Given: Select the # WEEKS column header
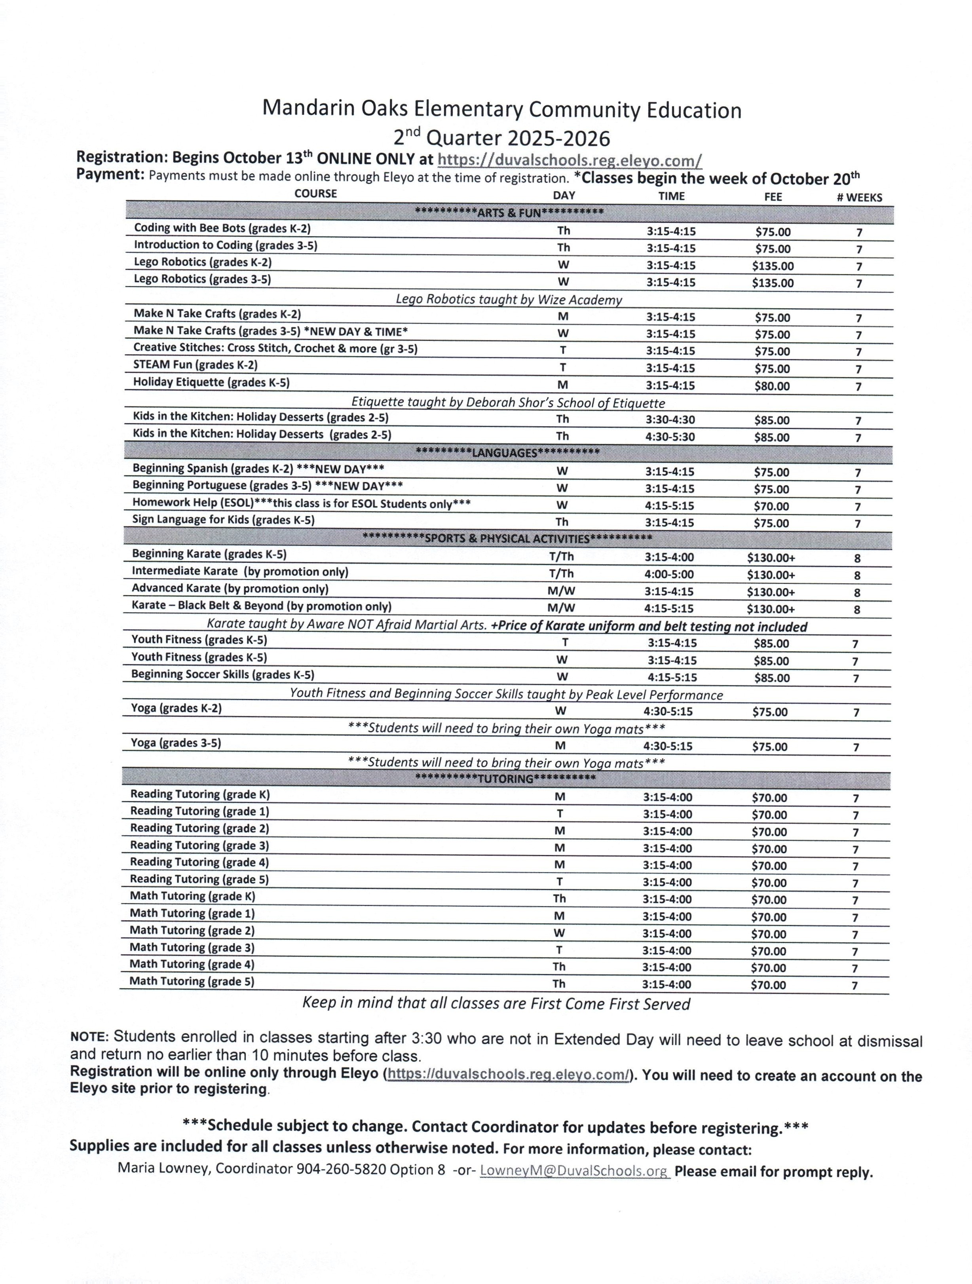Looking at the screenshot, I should pyautogui.click(x=858, y=198).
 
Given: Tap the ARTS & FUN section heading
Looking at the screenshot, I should pyautogui.click(x=509, y=213).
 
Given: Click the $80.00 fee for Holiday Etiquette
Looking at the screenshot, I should pyautogui.click(x=771, y=386).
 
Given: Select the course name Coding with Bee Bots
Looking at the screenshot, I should pyautogui.click(x=222, y=228).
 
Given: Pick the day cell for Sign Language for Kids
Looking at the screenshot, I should pyautogui.click(x=562, y=522).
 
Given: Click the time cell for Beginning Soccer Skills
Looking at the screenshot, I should pyautogui.click(x=672, y=677).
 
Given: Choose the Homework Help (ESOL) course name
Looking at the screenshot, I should pyautogui.click(x=301, y=503).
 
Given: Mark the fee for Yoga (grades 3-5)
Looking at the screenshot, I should pyautogui.click(x=769, y=746).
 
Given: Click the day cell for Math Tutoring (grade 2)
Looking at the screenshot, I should pyautogui.click(x=559, y=933).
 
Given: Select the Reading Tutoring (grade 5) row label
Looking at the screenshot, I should pyautogui.click(x=199, y=879).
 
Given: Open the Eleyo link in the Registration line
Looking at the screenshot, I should pyautogui.click(x=569, y=160).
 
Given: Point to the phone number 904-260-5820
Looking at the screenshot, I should pyautogui.click(x=341, y=1169).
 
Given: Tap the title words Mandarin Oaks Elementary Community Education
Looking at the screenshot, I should pyautogui.click(x=501, y=110).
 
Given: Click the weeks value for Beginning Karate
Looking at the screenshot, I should pyautogui.click(x=857, y=558).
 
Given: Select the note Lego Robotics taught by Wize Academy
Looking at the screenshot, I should pyautogui.click(x=508, y=300).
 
